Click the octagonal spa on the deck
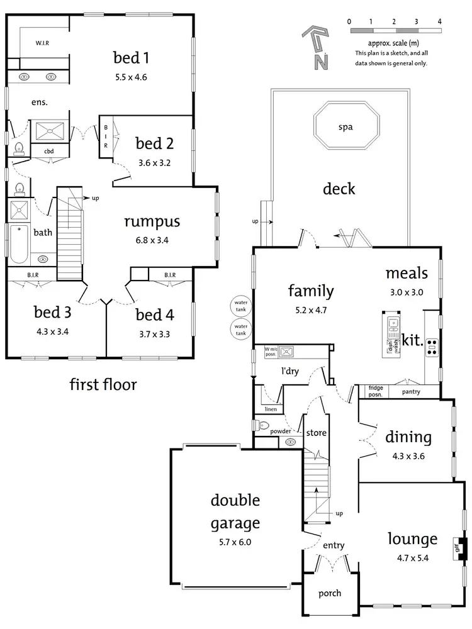pos(346,127)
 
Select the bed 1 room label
pos(131,58)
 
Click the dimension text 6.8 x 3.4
pos(152,240)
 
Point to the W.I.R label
pos(42,43)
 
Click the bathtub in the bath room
pos(19,245)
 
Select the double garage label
pos(235,511)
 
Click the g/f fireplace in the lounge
pos(461,549)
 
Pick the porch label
pos(330,593)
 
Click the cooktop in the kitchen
pos(432,347)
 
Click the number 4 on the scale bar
pos(439,21)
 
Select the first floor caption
pos(103,384)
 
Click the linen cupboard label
pos(271,409)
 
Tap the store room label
pos(315,433)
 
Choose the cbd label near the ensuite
pos(49,151)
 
